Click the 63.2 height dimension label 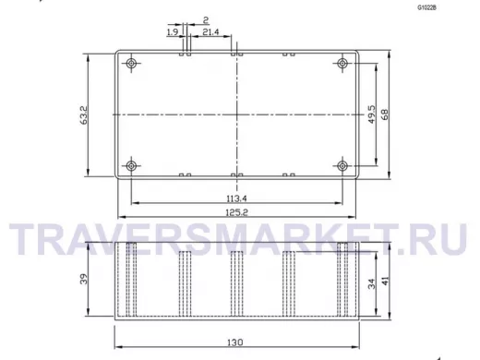(x=84, y=115)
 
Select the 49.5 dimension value (x=372, y=114)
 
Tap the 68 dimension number (x=385, y=114)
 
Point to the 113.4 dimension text (x=236, y=198)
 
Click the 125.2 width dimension (x=236, y=212)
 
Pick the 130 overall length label (x=235, y=342)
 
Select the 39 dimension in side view (x=84, y=279)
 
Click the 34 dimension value (x=372, y=283)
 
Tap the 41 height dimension (x=385, y=281)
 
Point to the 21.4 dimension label (x=210, y=31)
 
